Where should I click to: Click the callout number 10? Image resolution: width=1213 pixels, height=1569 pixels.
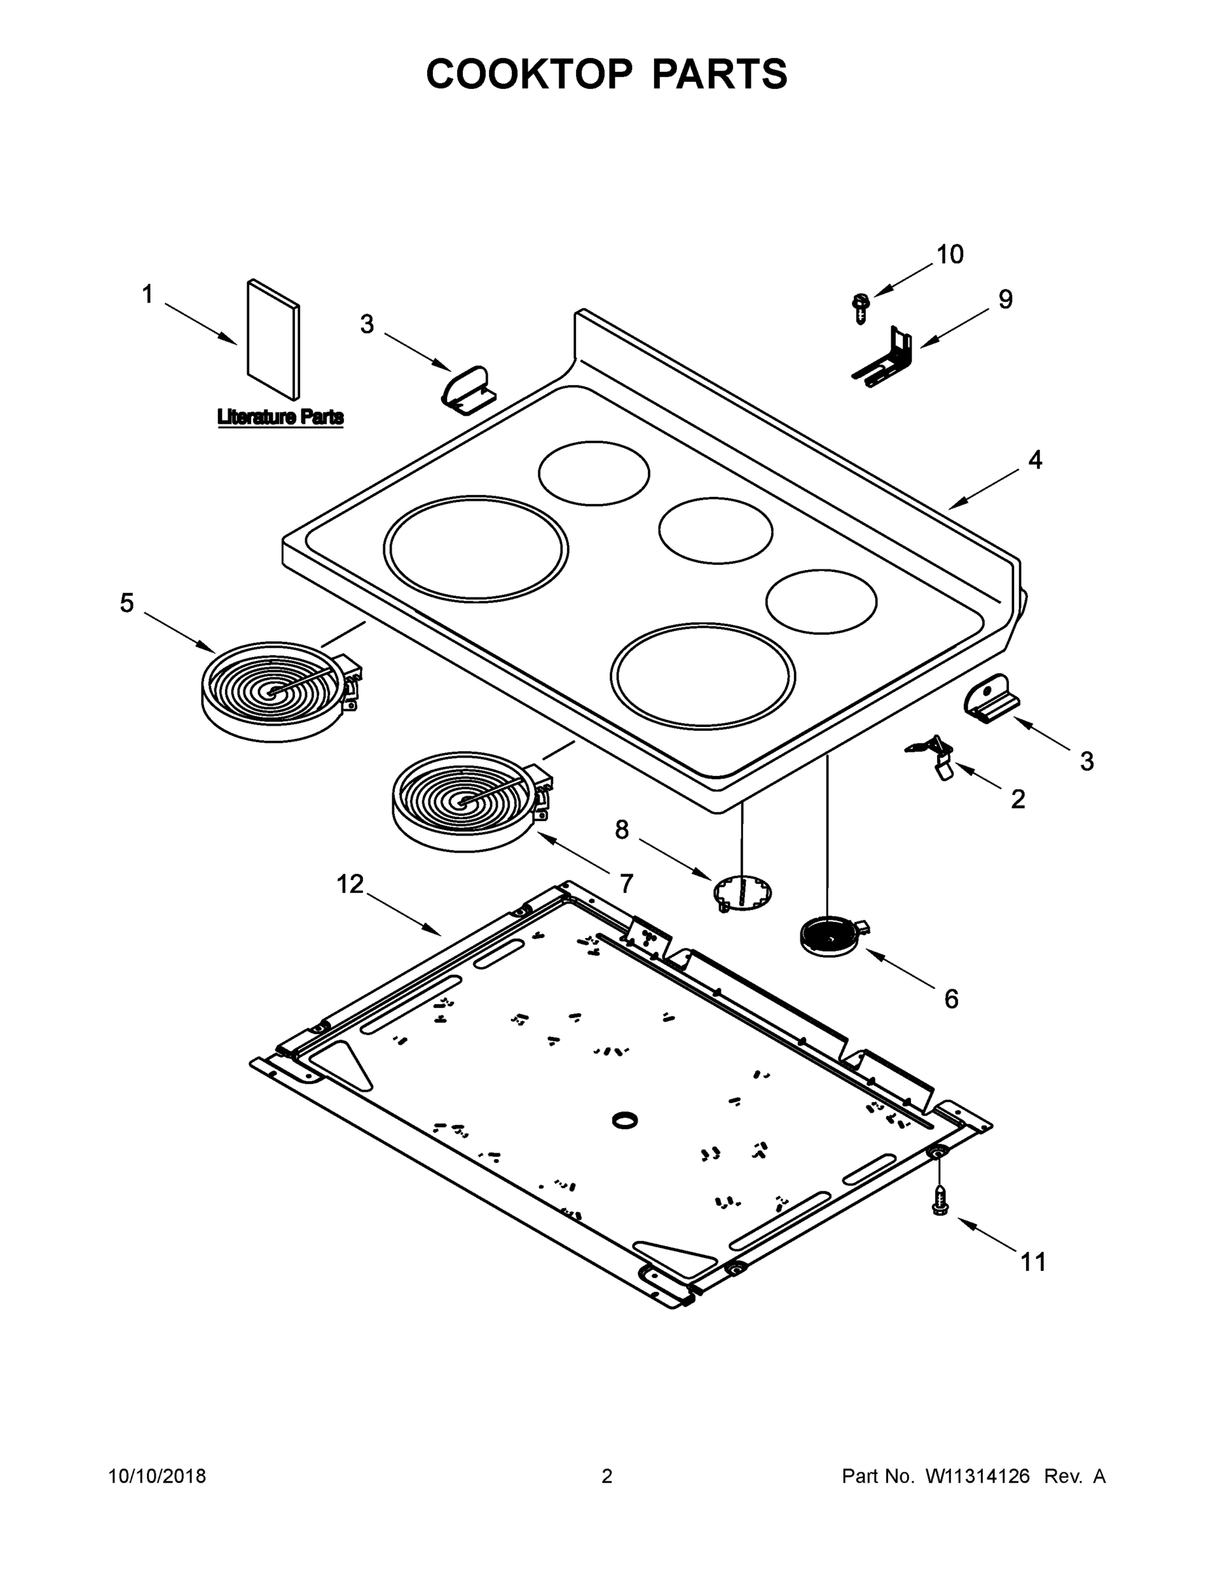click(949, 254)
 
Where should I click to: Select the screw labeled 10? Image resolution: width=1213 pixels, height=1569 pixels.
click(860, 308)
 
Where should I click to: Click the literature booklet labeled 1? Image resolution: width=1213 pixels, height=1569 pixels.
click(273, 340)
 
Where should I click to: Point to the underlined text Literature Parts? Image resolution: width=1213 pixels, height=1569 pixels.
click(281, 417)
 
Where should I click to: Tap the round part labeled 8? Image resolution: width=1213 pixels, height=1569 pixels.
click(742, 894)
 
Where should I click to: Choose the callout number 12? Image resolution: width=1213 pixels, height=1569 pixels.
click(350, 885)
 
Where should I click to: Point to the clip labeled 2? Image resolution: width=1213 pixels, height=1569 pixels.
click(935, 756)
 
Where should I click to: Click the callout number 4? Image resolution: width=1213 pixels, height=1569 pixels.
click(1034, 460)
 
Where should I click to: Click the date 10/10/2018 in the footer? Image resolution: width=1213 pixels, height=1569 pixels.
click(157, 1477)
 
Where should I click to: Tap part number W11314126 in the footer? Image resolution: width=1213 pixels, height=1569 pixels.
click(978, 1477)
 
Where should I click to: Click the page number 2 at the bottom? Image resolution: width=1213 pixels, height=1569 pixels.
click(607, 1477)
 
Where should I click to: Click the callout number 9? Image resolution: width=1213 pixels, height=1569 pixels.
click(1005, 299)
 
